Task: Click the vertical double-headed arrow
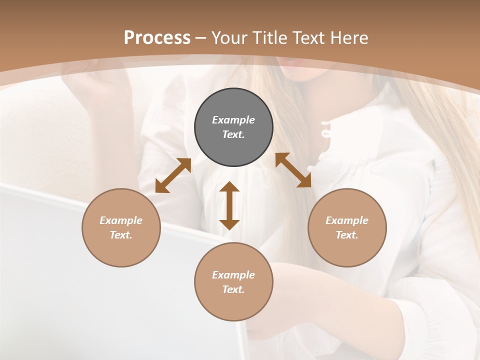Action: pos(229,205)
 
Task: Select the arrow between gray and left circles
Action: pos(173,175)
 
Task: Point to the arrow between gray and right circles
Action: pos(293,170)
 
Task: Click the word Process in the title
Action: pos(157,37)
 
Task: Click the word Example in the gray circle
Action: pos(233,120)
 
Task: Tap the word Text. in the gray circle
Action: pos(233,134)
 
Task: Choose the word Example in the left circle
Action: pos(121,220)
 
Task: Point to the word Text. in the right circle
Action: pos(347,235)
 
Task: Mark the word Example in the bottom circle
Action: pos(233,275)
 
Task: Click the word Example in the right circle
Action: pos(347,220)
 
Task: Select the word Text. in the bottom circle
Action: pos(233,289)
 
